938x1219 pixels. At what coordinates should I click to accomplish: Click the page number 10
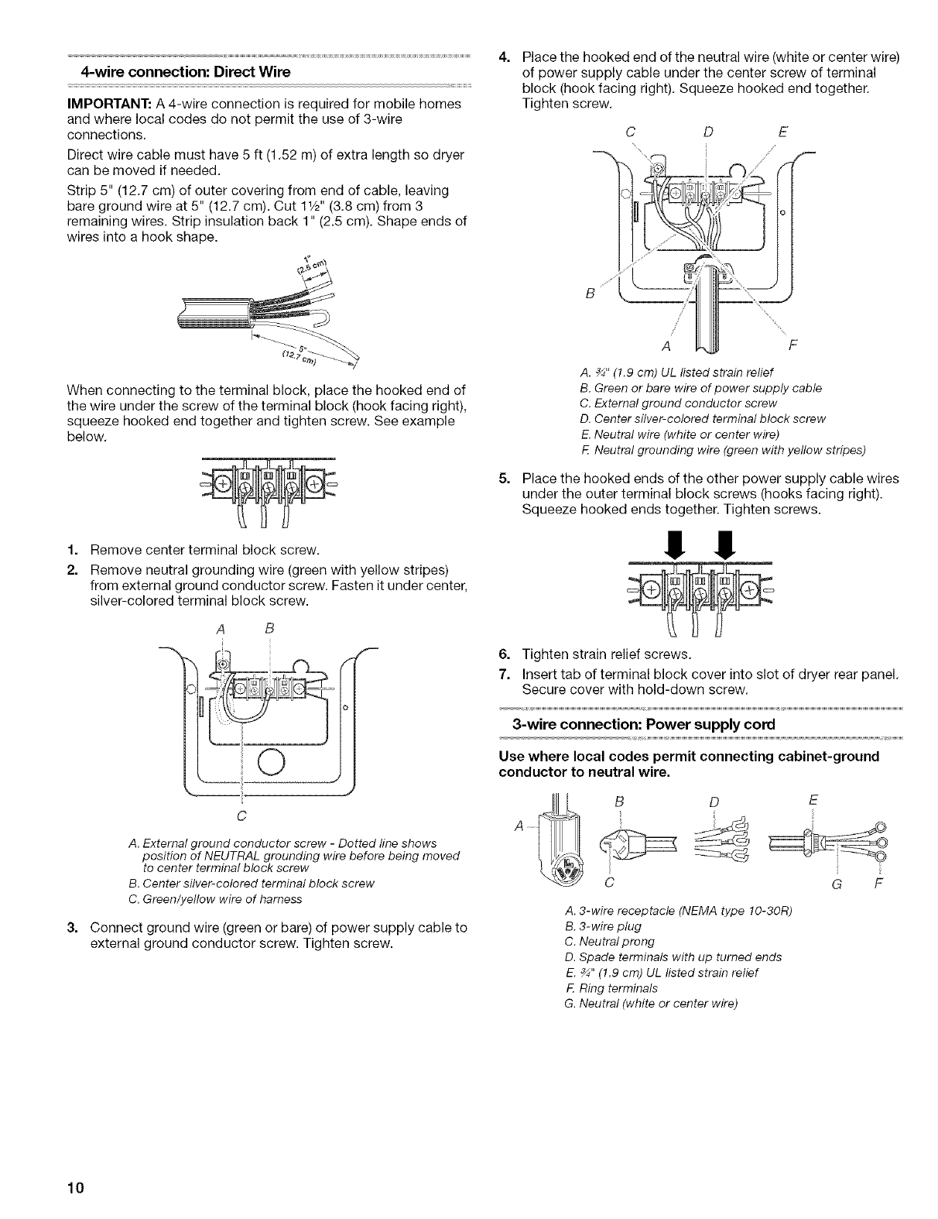tap(80, 1187)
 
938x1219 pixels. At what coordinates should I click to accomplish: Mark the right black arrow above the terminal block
tap(727, 541)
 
